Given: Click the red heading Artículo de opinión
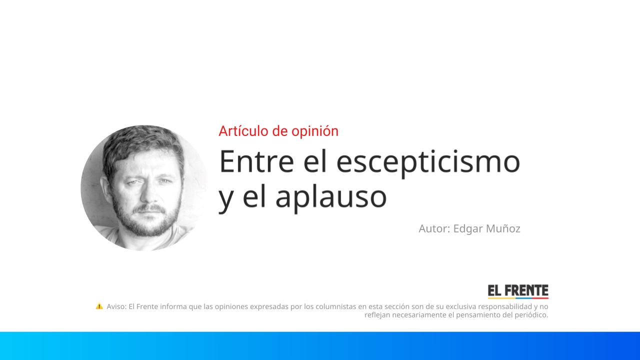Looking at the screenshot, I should tap(278, 131).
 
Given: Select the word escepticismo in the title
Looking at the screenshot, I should tap(428, 162).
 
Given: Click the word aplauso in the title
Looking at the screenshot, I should tap(330, 196).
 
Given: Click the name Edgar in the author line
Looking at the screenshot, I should tap(467, 228).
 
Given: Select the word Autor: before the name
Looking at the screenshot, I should tap(434, 228).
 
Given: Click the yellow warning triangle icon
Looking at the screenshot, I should tap(99, 306).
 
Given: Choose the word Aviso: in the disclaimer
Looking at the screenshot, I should tap(116, 306).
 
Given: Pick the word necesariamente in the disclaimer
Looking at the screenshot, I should tap(416, 315).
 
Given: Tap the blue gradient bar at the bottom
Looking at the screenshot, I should tap(320, 345).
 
